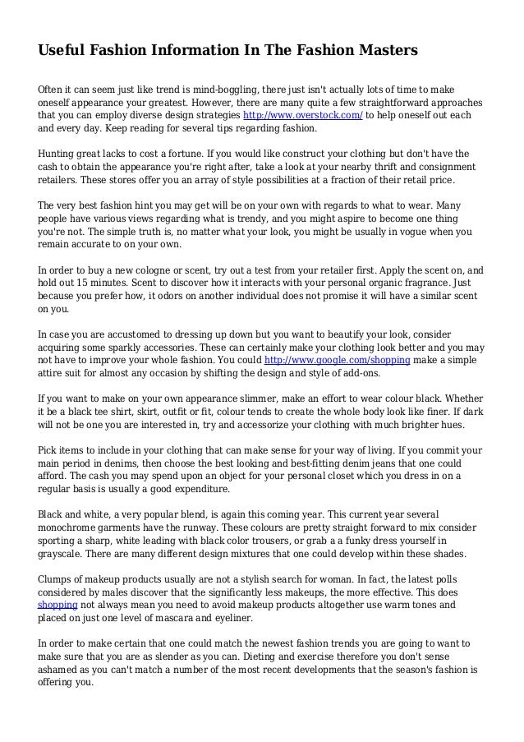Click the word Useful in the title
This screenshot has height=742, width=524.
click(62, 52)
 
